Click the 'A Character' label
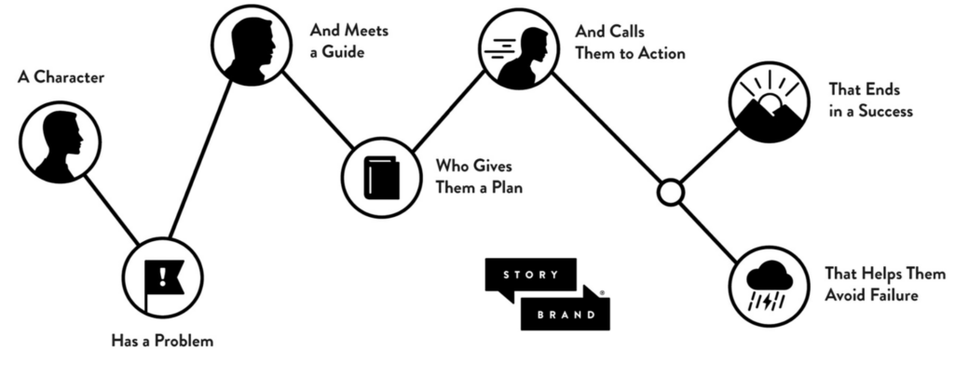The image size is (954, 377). [x=61, y=77]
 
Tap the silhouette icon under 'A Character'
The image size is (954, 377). [x=60, y=141]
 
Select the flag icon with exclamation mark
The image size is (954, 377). [x=164, y=276]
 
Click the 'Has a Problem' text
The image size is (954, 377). [x=162, y=341]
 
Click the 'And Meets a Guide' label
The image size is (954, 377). [x=348, y=41]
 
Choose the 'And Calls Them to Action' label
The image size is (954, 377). [x=630, y=42]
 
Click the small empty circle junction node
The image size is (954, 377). [x=670, y=193]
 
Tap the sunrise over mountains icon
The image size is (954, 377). [x=770, y=102]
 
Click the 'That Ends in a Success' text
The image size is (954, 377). [x=870, y=101]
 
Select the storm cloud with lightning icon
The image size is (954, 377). [x=770, y=285]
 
